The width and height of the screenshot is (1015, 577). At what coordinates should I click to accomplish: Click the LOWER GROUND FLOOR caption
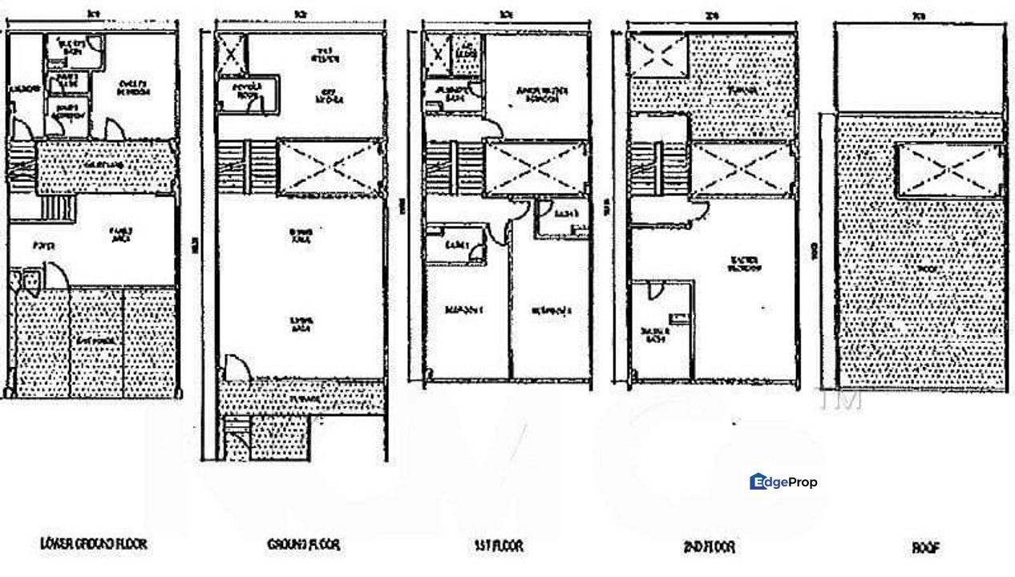[x=94, y=544]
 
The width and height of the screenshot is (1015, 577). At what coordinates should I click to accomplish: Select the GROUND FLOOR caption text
[x=303, y=545]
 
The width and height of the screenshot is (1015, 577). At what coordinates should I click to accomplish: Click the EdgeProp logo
[x=784, y=482]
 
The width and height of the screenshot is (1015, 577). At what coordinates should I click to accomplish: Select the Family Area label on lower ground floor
[x=121, y=232]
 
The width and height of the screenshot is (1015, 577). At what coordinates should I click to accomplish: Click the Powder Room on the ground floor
[x=246, y=95]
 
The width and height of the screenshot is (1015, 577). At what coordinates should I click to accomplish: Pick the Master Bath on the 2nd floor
[x=659, y=333]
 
